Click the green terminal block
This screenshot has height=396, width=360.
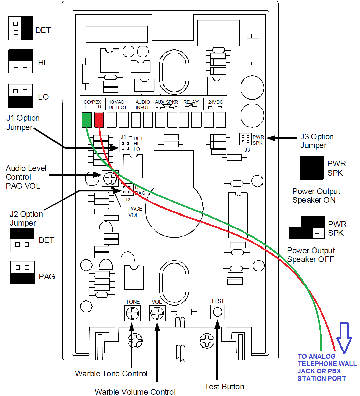(87, 120)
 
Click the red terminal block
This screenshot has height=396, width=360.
(99, 120)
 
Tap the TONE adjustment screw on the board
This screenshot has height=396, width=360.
(132, 313)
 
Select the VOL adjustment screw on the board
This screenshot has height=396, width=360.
(157, 313)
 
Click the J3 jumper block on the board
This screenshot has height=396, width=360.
(245, 139)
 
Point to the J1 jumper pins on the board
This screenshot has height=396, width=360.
(125, 145)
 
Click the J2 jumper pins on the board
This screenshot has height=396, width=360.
(127, 190)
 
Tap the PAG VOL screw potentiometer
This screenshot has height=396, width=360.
(110, 178)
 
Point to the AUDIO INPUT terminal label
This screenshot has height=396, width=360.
(143, 104)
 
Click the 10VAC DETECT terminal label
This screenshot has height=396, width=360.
(117, 104)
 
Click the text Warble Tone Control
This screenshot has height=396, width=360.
(111, 374)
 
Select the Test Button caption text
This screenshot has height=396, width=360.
(224, 387)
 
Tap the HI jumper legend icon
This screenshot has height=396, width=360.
(21, 61)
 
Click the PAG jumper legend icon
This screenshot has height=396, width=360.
(23, 272)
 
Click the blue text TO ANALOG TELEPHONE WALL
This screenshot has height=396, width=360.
(327, 360)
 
